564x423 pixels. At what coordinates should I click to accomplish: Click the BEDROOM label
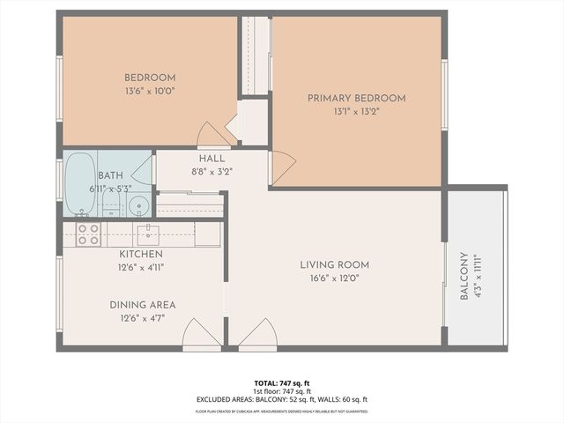click(149, 77)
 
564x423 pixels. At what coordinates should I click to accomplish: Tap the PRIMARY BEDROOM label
click(356, 98)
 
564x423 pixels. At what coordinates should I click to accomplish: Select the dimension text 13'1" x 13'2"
click(356, 111)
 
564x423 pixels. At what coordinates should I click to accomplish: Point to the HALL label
click(211, 159)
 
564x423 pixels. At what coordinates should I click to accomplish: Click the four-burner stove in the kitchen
click(87, 234)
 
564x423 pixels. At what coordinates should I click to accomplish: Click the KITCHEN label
click(140, 254)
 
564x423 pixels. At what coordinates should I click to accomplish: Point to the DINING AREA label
click(142, 305)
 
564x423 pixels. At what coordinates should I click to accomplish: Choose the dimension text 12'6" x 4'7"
click(142, 318)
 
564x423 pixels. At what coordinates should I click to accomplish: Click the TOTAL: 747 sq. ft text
click(282, 383)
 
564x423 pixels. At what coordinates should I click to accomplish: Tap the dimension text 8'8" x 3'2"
click(211, 173)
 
